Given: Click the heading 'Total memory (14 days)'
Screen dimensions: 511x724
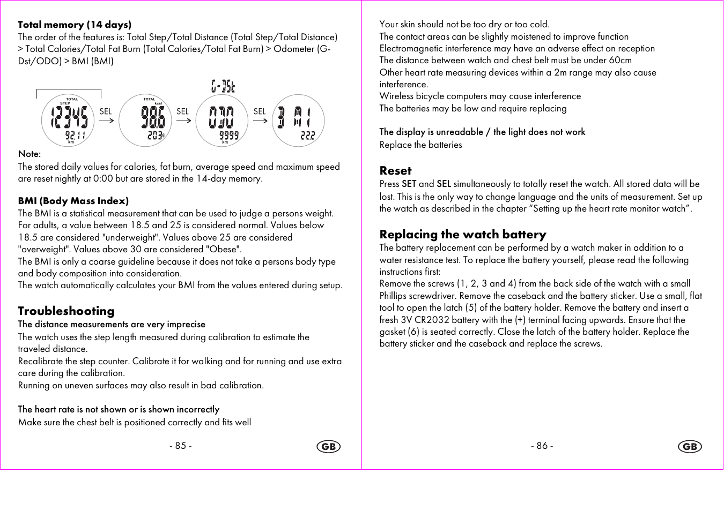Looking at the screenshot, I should [x=75, y=25].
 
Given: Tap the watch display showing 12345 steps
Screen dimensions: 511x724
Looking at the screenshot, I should [x=68, y=121].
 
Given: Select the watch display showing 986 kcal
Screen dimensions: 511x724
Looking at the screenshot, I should [x=145, y=121].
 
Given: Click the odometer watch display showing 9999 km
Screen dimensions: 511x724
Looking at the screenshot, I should [x=222, y=121].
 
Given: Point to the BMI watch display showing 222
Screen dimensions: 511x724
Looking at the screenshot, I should [x=299, y=121].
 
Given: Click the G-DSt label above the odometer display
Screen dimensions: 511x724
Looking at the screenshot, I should [x=223, y=86].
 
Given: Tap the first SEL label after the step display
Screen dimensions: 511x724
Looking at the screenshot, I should [x=106, y=111].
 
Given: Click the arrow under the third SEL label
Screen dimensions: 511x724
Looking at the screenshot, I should [x=260, y=121].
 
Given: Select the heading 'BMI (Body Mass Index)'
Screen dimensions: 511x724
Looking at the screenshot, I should [x=73, y=201].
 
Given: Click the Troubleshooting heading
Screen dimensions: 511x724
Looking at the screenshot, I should [x=66, y=311].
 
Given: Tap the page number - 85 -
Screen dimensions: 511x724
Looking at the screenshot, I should [x=181, y=446].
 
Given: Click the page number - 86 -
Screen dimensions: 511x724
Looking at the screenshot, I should [x=542, y=446].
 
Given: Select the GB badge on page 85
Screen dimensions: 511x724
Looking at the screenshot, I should [x=329, y=447].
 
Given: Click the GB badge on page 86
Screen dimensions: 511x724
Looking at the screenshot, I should [x=690, y=447].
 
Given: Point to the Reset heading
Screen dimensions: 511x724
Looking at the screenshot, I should [x=395, y=171].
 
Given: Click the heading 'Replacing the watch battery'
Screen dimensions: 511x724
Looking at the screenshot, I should [x=463, y=235].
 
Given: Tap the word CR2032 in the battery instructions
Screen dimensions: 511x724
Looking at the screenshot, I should [x=432, y=320].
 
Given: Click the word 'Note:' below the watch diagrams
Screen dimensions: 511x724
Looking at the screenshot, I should [x=29, y=154].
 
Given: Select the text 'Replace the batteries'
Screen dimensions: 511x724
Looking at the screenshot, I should [x=420, y=145].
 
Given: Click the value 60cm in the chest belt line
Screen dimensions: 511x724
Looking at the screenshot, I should [x=620, y=61].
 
